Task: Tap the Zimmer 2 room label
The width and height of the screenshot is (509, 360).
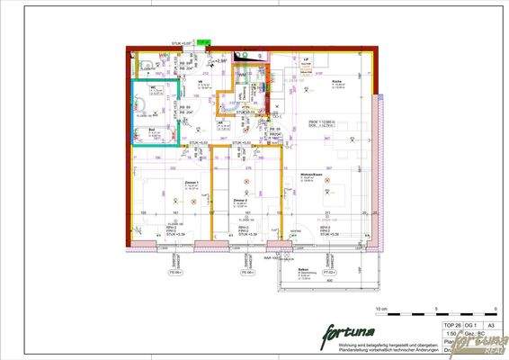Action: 239,199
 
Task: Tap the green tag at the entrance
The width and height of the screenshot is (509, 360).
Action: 203,41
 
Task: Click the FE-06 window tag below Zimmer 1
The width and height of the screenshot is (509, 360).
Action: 175,271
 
